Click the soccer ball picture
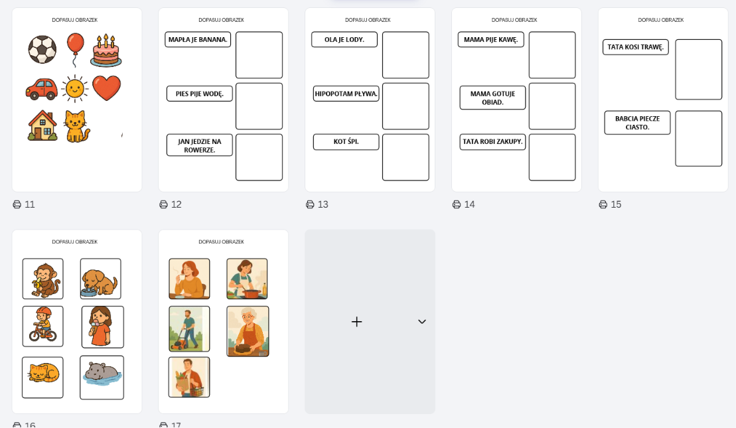pos(42,49)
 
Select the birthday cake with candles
pos(106,50)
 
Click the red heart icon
pos(107,88)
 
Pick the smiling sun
pos(74,88)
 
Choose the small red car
pos(42,89)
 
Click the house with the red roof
pos(42,125)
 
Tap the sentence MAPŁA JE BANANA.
pos(198,39)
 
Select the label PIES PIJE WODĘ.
pos(200,94)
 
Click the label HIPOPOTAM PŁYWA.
pos(346,94)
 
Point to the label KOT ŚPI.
pos(346,142)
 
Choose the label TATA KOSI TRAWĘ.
pos(636,47)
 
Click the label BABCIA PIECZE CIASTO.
pos(637,123)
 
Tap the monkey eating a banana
pos(42,279)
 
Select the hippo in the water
pos(102,378)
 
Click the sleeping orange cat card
pos(42,378)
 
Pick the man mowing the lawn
pos(189,329)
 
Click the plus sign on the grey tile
pos(357,321)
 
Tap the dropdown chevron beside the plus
pos(422,321)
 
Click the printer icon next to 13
pos(311,204)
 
